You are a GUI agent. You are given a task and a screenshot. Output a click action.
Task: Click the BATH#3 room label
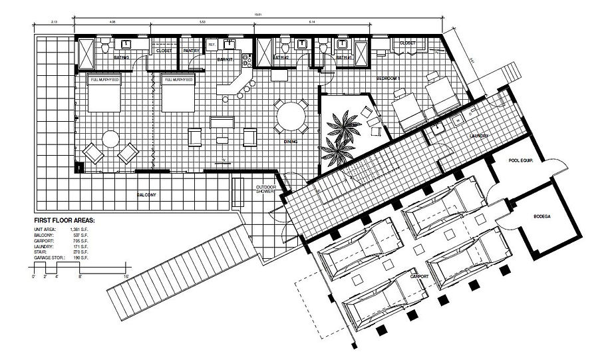tap(121, 58)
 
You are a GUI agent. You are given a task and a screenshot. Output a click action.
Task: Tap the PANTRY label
tap(192, 51)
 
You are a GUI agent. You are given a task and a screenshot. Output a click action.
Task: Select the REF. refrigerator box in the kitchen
tap(212, 45)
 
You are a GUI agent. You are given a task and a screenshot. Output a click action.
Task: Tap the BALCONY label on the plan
tap(147, 194)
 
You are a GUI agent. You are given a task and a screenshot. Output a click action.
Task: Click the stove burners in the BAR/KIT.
tap(245, 60)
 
